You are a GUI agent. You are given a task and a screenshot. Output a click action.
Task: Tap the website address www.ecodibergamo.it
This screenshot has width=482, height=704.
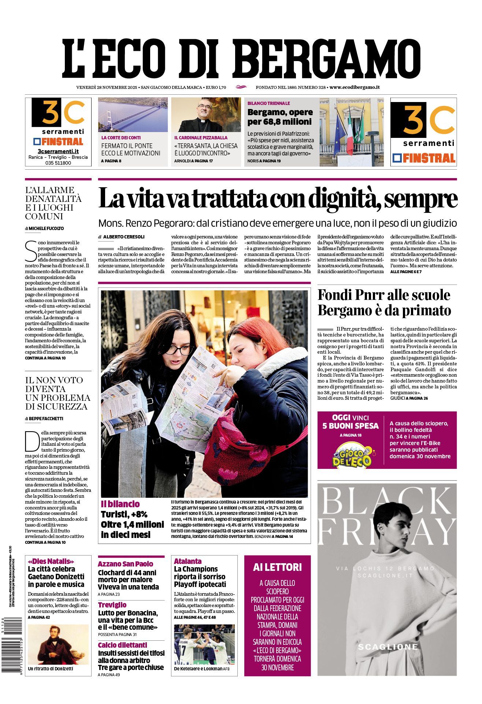click(x=354, y=87)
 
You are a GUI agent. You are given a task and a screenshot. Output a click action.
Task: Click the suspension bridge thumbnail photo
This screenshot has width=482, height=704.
click(x=133, y=114)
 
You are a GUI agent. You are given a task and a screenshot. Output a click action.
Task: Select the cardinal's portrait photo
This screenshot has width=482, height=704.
click(x=206, y=114)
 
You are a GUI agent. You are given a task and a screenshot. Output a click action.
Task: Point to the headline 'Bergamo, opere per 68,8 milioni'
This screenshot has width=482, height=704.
click(x=280, y=117)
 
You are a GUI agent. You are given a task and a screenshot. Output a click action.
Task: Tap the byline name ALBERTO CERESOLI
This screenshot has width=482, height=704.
click(x=124, y=237)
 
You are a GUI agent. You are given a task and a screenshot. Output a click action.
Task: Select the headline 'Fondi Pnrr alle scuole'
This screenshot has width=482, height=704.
click(x=384, y=295)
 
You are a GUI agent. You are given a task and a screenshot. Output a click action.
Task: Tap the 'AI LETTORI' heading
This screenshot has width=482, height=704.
click(x=277, y=567)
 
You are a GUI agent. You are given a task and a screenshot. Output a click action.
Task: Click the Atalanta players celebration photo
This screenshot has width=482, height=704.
click(x=204, y=644)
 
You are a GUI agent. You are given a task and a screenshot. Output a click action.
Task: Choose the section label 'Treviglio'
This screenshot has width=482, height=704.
click(x=112, y=605)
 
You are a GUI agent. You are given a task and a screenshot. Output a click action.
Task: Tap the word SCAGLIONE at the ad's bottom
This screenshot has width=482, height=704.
click(x=388, y=647)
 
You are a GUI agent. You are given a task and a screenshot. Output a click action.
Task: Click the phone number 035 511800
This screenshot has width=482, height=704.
click(x=58, y=163)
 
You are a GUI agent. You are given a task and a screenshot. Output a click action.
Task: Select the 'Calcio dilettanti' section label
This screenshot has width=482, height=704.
click(x=122, y=645)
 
